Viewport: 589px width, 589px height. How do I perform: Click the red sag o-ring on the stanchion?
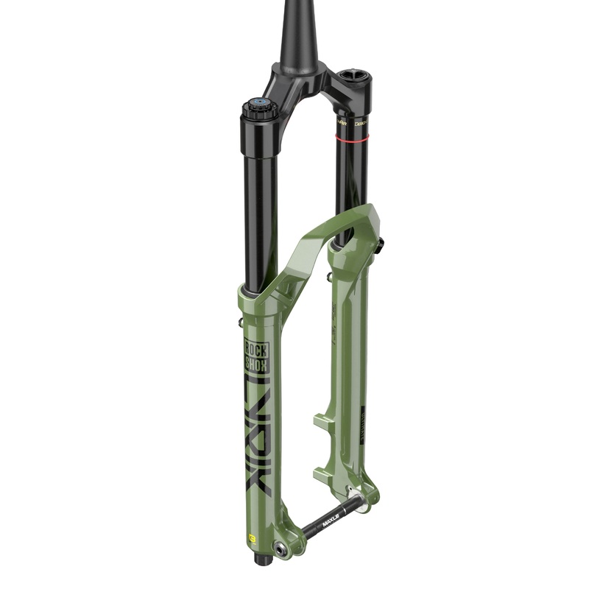point(352,138)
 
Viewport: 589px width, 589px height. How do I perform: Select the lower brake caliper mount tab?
point(322,469)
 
